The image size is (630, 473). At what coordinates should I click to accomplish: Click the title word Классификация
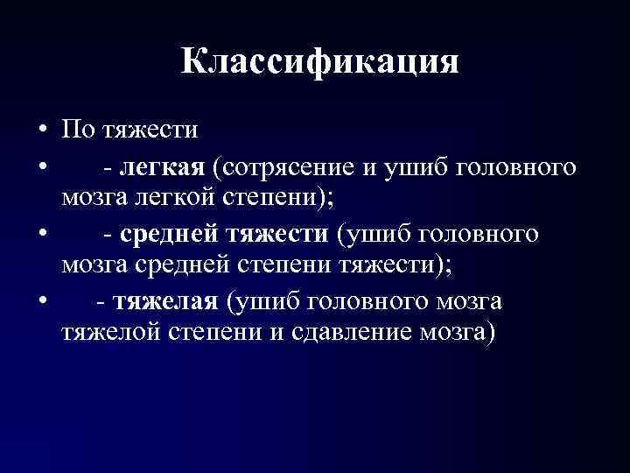(320, 63)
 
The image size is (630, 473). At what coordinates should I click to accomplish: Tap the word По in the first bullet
(76, 131)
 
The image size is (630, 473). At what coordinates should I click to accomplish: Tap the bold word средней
(171, 234)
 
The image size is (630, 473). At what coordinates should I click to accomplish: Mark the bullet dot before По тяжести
(41, 132)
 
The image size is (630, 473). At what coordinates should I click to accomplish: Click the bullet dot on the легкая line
(41, 166)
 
